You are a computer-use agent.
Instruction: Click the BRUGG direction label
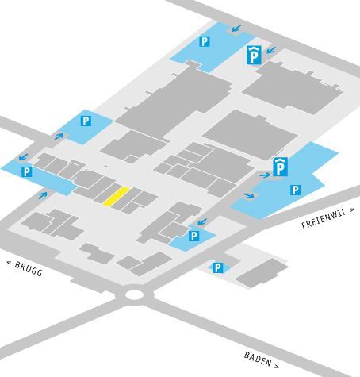pyautogui.click(x=25, y=268)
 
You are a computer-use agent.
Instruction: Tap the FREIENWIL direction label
pyautogui.click(x=327, y=218)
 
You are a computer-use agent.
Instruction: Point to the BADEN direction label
pyautogui.click(x=261, y=360)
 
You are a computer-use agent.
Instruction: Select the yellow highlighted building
pyautogui.click(x=116, y=196)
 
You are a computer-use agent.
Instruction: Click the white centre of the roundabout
pyautogui.click(x=134, y=294)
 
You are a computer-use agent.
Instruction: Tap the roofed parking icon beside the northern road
pyautogui.click(x=254, y=55)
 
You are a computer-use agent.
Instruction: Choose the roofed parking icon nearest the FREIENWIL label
pyautogui.click(x=280, y=167)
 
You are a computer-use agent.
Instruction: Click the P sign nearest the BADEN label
pyautogui.click(x=217, y=267)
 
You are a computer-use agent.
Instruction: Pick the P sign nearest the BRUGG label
pyautogui.click(x=27, y=171)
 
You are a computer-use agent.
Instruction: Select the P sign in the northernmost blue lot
pyautogui.click(x=205, y=41)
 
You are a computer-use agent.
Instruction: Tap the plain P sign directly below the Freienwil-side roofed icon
pyautogui.click(x=296, y=190)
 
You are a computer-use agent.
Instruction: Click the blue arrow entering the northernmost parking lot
pyautogui.click(x=236, y=29)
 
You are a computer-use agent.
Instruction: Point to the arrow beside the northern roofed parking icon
pyautogui.click(x=271, y=50)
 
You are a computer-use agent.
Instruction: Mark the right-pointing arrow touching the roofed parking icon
pyautogui.click(x=265, y=175)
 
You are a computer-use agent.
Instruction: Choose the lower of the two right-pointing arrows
pyautogui.click(x=249, y=195)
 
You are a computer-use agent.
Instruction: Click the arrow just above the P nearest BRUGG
pyautogui.click(x=23, y=157)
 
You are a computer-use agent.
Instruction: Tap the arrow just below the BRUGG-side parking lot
pyautogui.click(x=43, y=195)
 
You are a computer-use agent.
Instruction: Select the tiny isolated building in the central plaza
pyautogui.click(x=105, y=167)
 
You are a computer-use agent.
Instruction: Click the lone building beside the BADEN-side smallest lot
pyautogui.click(x=262, y=273)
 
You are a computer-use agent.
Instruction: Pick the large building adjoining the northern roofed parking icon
pyautogui.click(x=293, y=87)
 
